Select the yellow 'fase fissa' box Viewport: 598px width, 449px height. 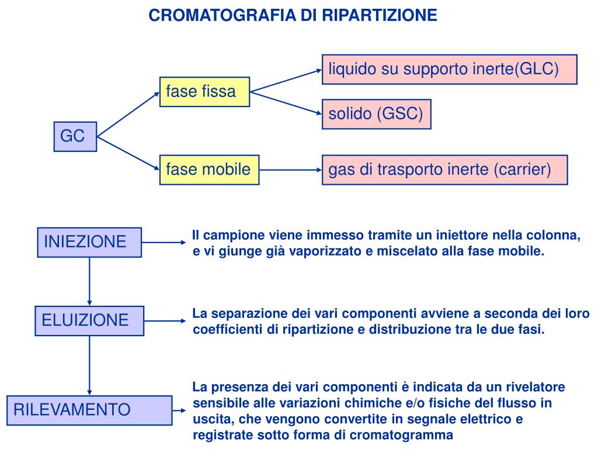coord(204,92)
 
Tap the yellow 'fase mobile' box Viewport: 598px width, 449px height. coord(209,170)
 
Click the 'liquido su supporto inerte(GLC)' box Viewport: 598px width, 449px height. coord(449,70)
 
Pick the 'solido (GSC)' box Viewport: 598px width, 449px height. coord(376,114)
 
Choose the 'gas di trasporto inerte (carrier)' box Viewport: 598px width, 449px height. coord(444,170)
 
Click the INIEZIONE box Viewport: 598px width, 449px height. coord(89,242)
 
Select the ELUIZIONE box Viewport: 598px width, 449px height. coord(89,320)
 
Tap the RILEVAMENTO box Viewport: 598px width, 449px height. coord(89,410)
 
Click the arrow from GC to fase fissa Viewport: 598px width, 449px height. coord(128,115)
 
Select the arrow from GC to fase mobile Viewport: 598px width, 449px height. coord(128,153)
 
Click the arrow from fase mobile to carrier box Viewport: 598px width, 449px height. coord(290,170)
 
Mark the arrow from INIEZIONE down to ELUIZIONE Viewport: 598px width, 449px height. coord(89,281)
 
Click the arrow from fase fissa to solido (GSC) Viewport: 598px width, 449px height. coord(286,102)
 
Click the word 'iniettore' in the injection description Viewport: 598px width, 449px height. coord(444,236)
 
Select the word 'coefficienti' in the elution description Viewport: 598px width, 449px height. coord(228,330)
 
